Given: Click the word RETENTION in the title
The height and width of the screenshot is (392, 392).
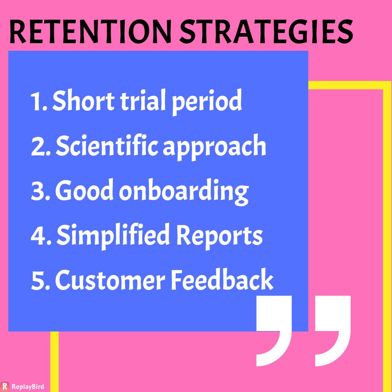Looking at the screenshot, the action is coord(90,32).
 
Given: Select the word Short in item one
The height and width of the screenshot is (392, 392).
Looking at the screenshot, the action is coord(83,101).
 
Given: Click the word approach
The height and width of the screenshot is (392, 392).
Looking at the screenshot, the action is coord(215,147).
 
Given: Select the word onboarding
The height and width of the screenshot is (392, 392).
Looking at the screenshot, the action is coord(184,192).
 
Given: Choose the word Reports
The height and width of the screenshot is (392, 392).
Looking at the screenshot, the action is coord(220,237).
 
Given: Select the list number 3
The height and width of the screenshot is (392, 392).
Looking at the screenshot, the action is coord(40,191).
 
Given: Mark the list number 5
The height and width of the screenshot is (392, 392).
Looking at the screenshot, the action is coord(40,280).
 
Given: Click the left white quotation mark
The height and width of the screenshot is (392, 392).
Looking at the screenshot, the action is coord(274,331).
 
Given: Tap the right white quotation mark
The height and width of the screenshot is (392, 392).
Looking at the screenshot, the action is coord(333,331).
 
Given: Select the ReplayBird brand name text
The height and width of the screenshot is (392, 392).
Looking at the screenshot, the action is coord(28,387).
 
